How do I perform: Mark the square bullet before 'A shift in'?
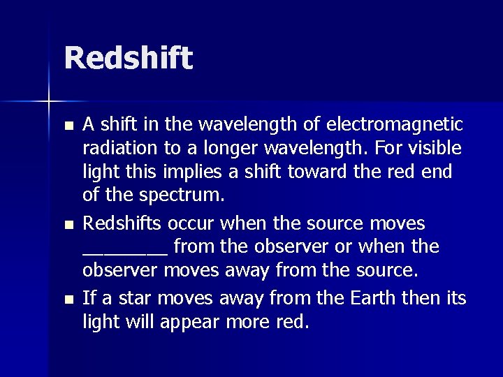(x=66, y=126)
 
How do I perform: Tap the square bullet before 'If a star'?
(x=66, y=298)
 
